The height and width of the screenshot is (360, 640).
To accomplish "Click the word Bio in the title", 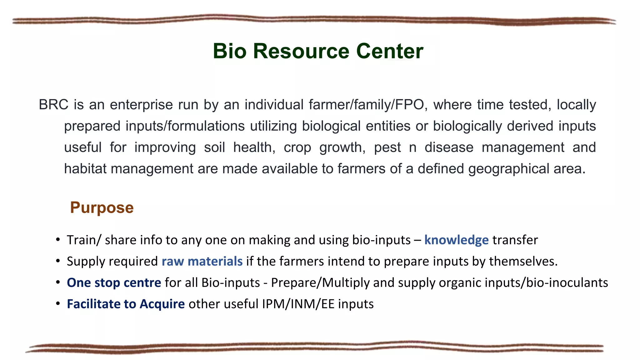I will tap(230, 51).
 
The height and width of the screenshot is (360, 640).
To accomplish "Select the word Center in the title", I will tap(390, 51).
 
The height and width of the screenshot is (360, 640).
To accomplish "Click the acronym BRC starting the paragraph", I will tap(53, 105).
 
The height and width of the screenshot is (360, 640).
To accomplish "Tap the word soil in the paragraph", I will tap(214, 147).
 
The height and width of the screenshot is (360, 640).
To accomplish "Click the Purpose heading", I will tap(102, 207).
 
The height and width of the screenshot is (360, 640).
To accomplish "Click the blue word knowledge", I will tap(456, 240).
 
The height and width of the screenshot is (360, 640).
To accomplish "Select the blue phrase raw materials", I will tap(202, 261).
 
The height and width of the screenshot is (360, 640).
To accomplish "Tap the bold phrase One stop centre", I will tap(114, 282).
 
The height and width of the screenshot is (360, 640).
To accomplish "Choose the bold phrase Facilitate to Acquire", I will tap(126, 304).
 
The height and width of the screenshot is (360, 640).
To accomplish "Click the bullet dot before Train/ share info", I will tap(58, 240).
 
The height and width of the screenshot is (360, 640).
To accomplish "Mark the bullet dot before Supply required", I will tap(58, 261).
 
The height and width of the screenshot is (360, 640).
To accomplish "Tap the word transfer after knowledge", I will tap(515, 240).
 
